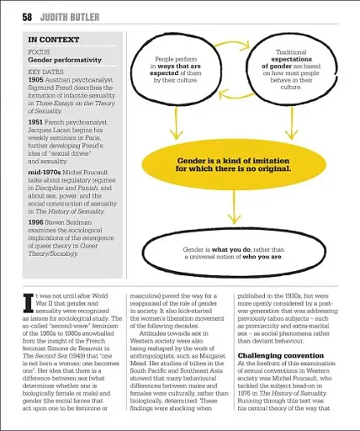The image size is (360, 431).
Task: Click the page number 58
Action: tap(28, 15)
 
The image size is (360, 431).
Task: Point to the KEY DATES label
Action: tap(46, 72)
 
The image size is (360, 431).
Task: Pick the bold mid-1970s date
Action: tap(45, 170)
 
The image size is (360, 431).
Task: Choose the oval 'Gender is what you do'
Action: tap(233, 253)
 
